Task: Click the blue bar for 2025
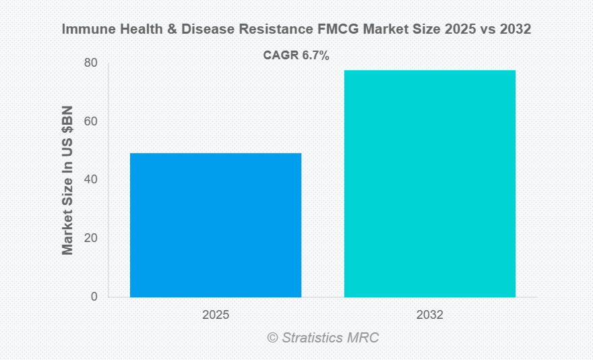[216, 225]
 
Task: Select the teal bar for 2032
[430, 183]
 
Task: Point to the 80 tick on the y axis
[90, 63]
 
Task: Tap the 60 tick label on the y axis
[90, 122]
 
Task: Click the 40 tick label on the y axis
[90, 180]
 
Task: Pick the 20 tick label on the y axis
[90, 239]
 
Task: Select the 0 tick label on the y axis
[94, 297]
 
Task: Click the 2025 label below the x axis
[216, 315]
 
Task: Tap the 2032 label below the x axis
[430, 315]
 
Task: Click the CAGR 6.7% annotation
[296, 56]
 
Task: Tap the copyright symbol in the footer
[272, 337]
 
